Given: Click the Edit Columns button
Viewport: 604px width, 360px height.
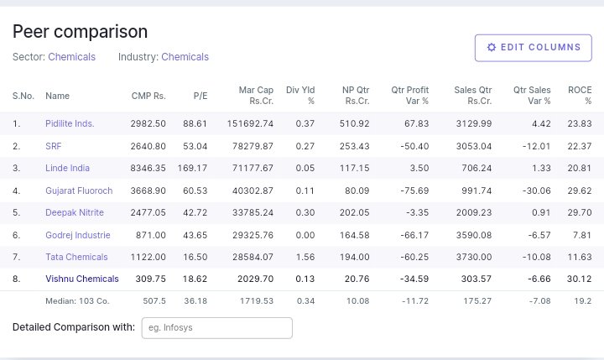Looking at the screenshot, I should point(533,48).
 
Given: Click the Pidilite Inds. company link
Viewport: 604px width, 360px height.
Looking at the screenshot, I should point(70,123).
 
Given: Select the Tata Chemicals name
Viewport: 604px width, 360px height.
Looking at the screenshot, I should point(76,257).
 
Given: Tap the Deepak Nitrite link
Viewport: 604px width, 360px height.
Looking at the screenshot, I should point(75,212).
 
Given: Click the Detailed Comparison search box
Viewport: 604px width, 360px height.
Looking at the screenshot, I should point(216,327).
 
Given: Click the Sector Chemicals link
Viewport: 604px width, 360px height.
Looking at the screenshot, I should point(71,57).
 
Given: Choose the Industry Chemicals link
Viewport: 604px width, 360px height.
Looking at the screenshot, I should point(185,57).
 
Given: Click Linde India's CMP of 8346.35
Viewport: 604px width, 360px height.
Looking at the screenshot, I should point(148,168).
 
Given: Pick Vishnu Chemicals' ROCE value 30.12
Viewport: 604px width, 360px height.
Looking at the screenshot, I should point(579,279).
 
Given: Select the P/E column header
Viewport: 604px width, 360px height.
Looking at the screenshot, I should point(200,96).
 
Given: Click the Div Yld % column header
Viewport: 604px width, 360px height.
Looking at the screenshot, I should point(300,95).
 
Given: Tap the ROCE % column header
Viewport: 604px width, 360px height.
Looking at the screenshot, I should point(580,95).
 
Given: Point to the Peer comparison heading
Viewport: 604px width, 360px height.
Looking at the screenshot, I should point(81,32).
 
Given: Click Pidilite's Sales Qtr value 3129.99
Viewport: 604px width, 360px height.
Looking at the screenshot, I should point(473,123).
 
